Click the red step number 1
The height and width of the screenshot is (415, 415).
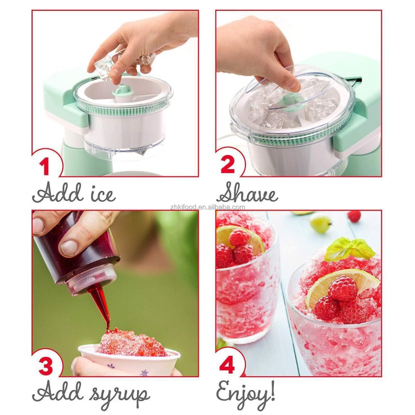(x=46, y=167)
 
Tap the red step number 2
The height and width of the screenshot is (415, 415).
(x=229, y=166)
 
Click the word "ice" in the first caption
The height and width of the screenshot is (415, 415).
(x=98, y=193)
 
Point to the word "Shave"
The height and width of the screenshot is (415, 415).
(x=248, y=193)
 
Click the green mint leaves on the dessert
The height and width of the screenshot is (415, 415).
(x=349, y=249)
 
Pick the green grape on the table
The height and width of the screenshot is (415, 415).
(x=321, y=223)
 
